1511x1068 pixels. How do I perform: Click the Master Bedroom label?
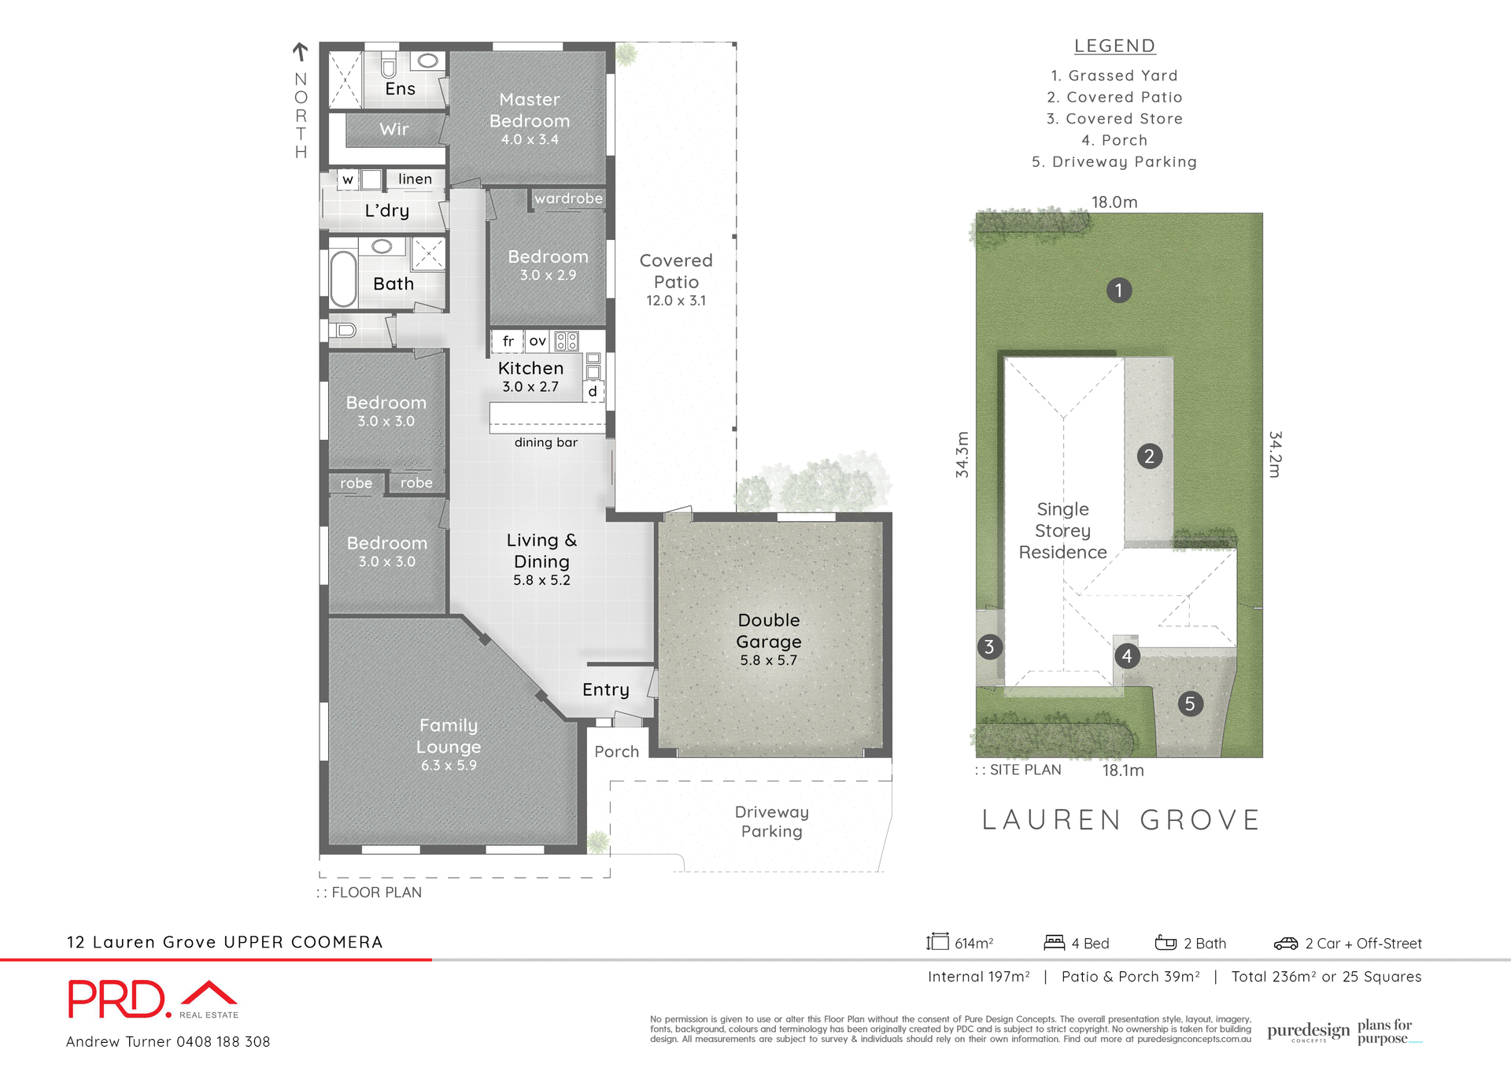(530, 110)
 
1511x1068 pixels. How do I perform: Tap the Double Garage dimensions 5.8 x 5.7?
(768, 660)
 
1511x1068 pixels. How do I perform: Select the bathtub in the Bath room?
(343, 279)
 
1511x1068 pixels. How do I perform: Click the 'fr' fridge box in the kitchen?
(508, 341)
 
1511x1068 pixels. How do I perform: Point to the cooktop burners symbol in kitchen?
(567, 341)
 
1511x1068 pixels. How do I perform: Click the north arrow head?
(300, 49)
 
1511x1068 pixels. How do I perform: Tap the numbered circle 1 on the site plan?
(1118, 290)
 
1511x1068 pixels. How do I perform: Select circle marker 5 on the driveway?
(1189, 704)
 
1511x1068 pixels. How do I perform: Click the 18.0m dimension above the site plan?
(1114, 202)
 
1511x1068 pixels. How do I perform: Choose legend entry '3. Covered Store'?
(1114, 119)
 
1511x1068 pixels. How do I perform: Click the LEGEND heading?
(1114, 46)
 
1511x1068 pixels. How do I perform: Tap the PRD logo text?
(118, 1000)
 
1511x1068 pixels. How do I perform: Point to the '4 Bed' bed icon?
(1054, 942)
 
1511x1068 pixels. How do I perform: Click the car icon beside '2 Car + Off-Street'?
(1285, 943)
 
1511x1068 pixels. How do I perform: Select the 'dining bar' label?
(545, 442)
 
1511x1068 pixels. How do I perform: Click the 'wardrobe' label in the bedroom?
(568, 198)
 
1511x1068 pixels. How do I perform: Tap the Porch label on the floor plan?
(616, 752)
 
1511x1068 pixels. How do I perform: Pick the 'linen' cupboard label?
(415, 179)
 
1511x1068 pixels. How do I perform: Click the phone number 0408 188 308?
(223, 1041)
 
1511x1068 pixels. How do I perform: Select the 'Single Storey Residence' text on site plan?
(1062, 530)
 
